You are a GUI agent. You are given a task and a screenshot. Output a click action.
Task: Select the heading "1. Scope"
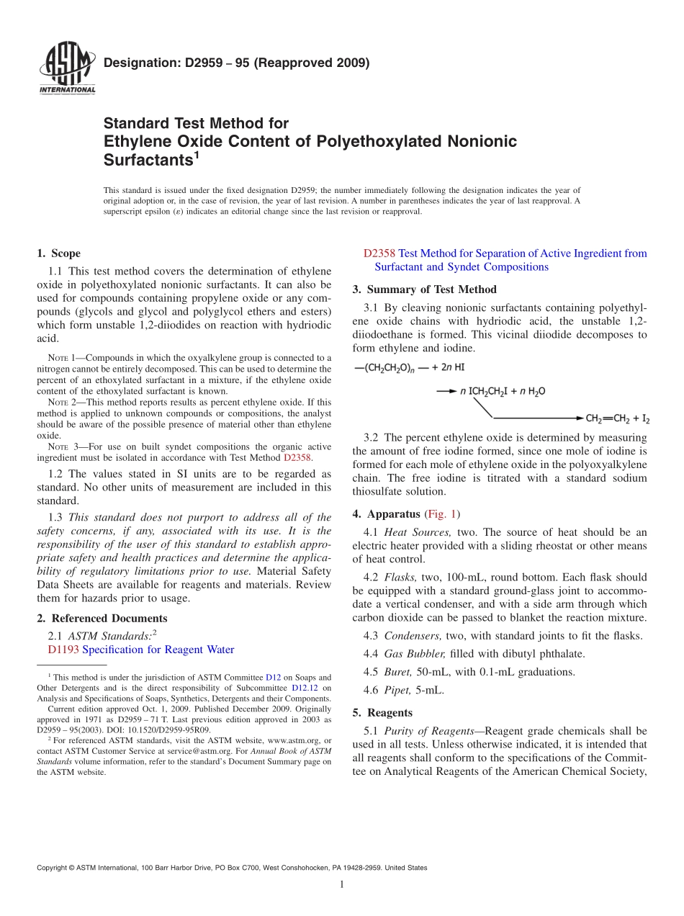click(58, 253)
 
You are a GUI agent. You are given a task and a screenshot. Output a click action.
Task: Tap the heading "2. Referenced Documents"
click(102, 619)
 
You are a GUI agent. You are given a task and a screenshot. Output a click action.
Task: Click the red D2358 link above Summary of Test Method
click(379, 253)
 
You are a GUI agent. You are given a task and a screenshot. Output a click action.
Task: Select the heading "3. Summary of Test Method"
click(424, 289)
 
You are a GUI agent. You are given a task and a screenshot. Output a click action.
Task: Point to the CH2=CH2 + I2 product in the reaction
click(618, 418)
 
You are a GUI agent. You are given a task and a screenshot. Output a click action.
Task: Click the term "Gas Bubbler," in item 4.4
click(415, 654)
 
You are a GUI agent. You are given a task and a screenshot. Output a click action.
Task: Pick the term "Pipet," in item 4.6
click(398, 690)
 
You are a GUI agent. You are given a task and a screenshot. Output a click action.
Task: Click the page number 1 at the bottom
click(343, 884)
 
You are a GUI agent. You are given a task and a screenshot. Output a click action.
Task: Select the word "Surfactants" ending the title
click(147, 160)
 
